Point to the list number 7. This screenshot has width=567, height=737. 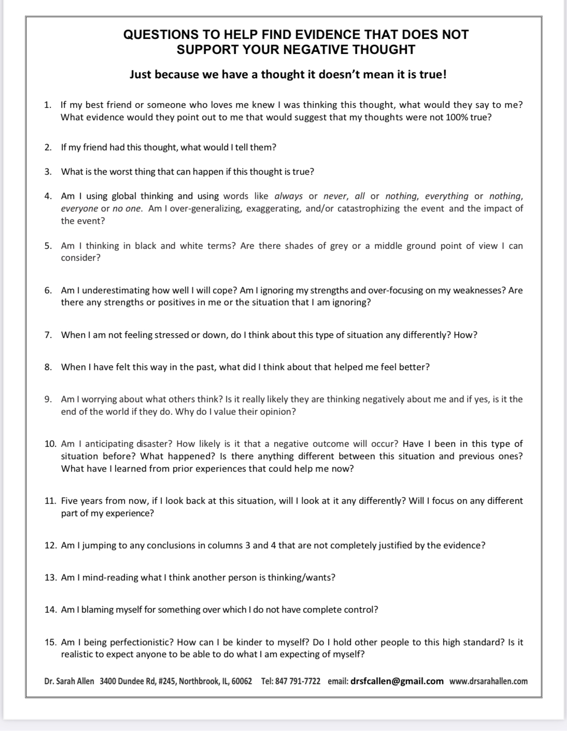(x=48, y=335)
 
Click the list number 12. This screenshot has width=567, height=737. (x=50, y=545)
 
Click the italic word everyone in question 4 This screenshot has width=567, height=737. (x=79, y=208)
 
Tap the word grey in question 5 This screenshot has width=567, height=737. (x=339, y=246)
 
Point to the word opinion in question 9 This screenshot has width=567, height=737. (x=278, y=412)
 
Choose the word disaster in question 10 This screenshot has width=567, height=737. (x=153, y=444)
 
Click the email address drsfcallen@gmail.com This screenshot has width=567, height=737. (x=397, y=681)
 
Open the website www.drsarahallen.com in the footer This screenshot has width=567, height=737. (x=488, y=681)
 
